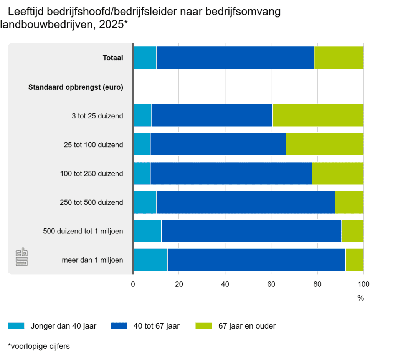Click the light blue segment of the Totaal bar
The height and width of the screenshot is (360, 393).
(x=145, y=58)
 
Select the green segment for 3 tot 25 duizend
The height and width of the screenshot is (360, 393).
(x=318, y=115)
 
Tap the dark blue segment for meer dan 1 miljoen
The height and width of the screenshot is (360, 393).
(x=256, y=260)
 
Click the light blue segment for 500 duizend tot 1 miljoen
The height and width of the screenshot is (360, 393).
(x=147, y=231)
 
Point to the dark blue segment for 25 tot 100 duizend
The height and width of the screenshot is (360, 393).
(x=218, y=144)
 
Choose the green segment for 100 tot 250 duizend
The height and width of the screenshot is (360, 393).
(x=337, y=173)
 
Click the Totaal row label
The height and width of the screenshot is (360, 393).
(x=113, y=58)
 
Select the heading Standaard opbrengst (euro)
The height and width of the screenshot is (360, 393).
(x=76, y=87)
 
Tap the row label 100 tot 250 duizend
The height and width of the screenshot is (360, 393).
(x=91, y=174)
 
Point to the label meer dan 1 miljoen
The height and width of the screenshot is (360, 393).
(x=92, y=260)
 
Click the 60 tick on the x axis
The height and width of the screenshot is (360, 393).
(x=271, y=284)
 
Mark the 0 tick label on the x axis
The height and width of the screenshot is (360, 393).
(x=133, y=284)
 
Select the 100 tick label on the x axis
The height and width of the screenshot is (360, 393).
(x=363, y=284)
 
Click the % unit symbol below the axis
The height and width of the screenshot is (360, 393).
(x=360, y=298)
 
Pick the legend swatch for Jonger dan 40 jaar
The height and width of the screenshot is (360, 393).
(x=16, y=326)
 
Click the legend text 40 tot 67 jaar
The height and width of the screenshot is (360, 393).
(x=156, y=326)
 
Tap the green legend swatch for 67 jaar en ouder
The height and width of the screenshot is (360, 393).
(x=203, y=326)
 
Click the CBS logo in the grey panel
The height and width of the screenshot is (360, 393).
(x=22, y=258)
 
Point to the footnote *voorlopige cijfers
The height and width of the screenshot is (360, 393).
(x=38, y=346)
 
